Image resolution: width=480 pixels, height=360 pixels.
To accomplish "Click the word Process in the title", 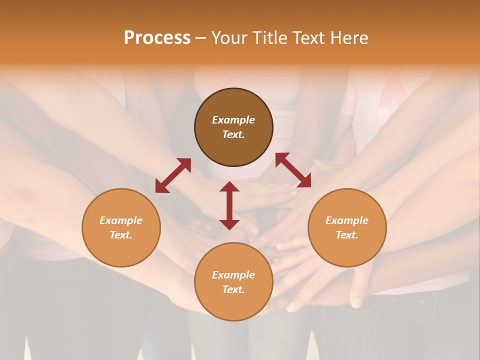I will coord(157,38).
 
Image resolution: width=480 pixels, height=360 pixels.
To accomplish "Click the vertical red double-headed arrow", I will coord(229,205).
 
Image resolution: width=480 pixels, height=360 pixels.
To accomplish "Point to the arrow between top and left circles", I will coord(173,175).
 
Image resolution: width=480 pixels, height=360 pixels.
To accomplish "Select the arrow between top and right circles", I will coord(293,170).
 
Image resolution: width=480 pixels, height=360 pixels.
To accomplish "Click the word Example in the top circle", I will coord(233,120).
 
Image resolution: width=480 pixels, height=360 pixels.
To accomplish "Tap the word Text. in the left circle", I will coord(121,235).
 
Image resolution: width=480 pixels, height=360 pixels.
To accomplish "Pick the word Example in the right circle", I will coord(347,220).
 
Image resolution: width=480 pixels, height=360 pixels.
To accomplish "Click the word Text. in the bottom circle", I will coord(233,289).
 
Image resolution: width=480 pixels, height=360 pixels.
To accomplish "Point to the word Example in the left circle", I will coord(121,220).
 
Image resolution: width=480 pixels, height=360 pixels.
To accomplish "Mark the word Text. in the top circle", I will coord(233,134).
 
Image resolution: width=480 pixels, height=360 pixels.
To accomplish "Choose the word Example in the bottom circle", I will coord(233,275).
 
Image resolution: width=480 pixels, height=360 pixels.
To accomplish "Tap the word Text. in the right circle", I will coord(347,235).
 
